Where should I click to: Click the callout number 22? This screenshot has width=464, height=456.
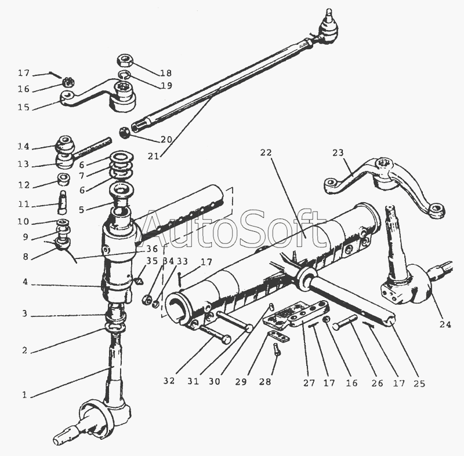tap(266, 152)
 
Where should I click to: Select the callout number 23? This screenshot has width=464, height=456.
tap(338, 153)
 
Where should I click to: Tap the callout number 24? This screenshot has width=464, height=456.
tap(444, 324)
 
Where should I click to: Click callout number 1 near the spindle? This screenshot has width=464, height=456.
tap(25, 395)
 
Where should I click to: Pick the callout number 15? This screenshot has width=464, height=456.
tap(23, 107)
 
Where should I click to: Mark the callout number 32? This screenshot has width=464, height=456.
tap(169, 381)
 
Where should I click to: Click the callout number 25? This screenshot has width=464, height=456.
tap(419, 383)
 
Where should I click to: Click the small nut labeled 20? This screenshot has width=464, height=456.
tap(124, 132)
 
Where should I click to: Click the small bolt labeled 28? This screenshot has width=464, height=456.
tap(276, 349)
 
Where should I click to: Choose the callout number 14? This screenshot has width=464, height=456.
tap(23, 147)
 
